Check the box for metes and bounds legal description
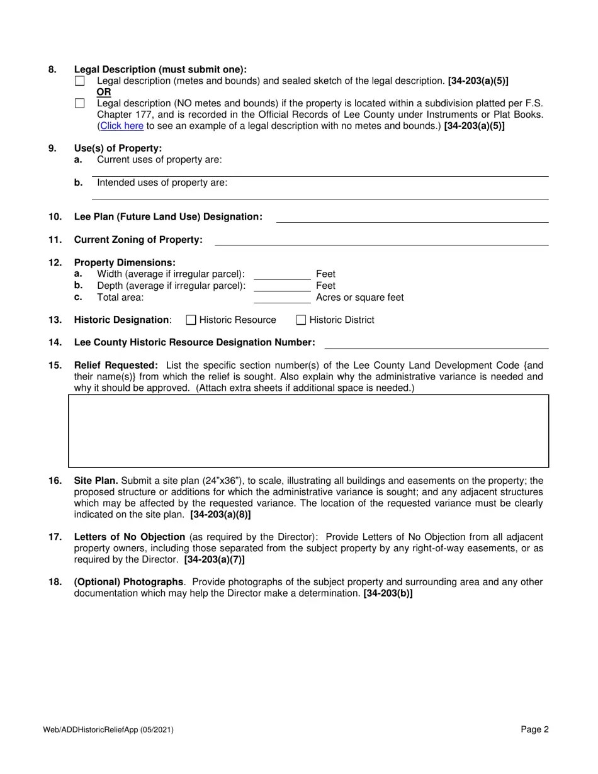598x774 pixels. (79, 81)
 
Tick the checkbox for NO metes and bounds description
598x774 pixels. (79, 103)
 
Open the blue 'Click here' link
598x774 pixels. (121, 126)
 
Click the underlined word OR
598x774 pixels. (104, 93)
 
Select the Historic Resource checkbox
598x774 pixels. (191, 320)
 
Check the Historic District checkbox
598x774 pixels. (301, 320)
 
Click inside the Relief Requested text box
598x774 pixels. (308, 431)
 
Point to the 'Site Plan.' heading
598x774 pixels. (96, 481)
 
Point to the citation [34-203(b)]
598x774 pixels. (388, 593)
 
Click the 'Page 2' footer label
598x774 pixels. (534, 730)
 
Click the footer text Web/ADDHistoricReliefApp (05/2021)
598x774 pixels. (108, 730)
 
